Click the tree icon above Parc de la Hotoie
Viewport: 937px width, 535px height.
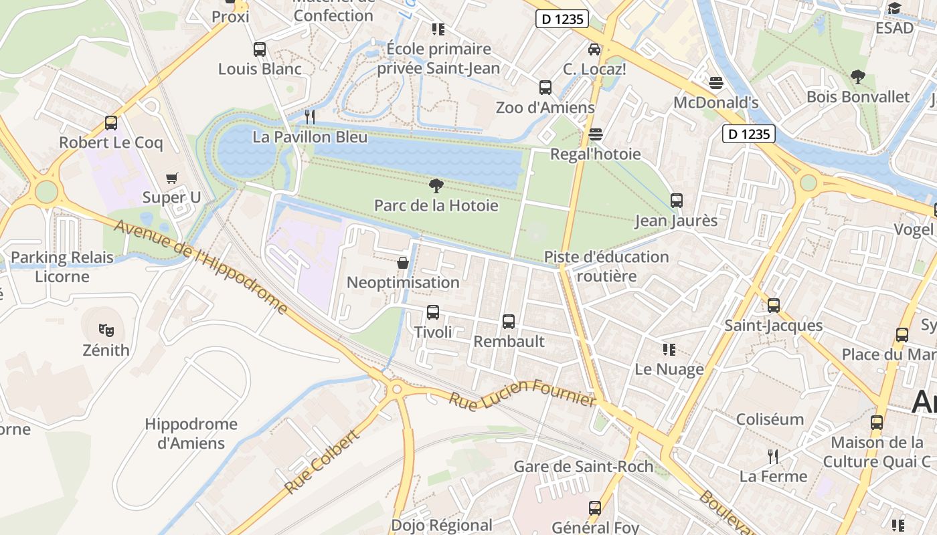(x=436, y=186)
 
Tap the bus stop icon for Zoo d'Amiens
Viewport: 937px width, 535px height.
(x=545, y=88)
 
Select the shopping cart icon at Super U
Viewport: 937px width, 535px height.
(x=172, y=178)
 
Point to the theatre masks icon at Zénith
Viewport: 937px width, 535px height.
(x=106, y=330)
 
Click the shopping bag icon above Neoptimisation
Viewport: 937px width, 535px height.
(x=403, y=263)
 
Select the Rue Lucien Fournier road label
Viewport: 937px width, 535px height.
(x=522, y=393)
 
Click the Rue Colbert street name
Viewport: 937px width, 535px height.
(x=322, y=461)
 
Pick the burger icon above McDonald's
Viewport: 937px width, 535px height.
(x=715, y=83)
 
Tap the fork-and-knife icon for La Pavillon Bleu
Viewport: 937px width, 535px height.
(x=309, y=117)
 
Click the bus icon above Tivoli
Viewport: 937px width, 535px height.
(x=433, y=312)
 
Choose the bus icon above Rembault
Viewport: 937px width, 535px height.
(x=509, y=322)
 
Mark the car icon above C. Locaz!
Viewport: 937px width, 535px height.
(x=594, y=49)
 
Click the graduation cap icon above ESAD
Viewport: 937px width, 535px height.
(x=894, y=8)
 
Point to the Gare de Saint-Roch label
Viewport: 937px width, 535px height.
(x=583, y=466)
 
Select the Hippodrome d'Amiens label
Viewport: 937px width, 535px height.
(x=191, y=433)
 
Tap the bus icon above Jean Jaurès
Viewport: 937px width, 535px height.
(x=676, y=201)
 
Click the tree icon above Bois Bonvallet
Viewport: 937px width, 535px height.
(x=857, y=77)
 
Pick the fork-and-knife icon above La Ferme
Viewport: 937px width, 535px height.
(x=773, y=457)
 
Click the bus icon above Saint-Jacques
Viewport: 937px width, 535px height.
(x=774, y=306)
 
